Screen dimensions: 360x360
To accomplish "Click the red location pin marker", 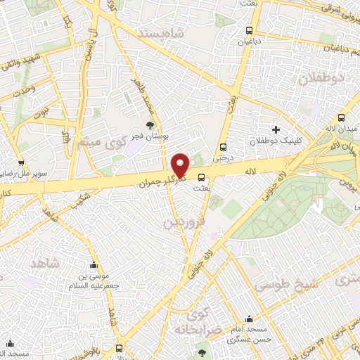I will point(181,165).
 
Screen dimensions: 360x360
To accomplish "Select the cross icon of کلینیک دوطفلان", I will point(276,129).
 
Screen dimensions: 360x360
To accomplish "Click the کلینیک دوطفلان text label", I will point(282,141).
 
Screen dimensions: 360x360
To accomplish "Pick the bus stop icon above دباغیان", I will point(249,30).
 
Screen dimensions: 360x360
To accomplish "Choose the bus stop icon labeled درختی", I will point(223,147).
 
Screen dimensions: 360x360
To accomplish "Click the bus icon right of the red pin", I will point(202,177).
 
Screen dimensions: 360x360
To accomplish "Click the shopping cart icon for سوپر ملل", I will point(25,146).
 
